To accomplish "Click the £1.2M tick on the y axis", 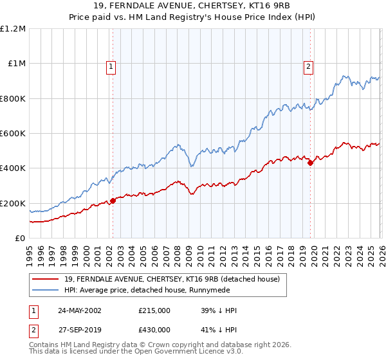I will [x=13, y=29].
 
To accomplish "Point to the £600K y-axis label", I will [x=13, y=134].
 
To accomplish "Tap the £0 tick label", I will [x=20, y=239].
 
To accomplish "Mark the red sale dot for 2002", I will [x=113, y=201].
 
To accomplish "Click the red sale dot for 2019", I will [x=310, y=163].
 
